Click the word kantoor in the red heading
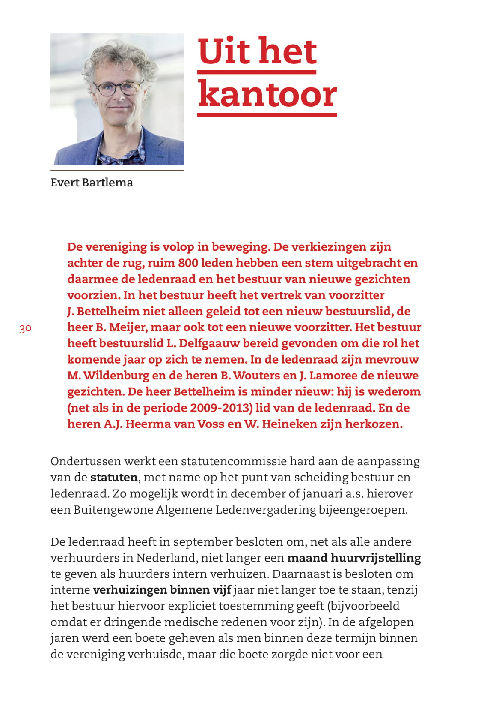point(267,94)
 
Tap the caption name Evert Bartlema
point(92,183)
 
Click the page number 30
point(25,329)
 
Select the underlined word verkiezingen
point(329,247)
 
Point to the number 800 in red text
point(188,263)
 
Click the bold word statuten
point(114,478)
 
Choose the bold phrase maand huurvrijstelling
point(354,558)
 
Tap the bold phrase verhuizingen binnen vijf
point(162,590)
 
